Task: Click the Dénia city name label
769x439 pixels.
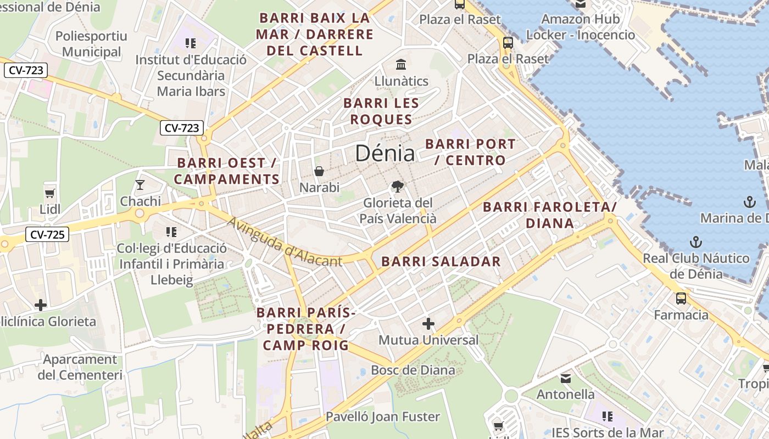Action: pyautogui.click(x=384, y=153)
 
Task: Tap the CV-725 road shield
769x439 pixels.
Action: pyautogui.click(x=47, y=235)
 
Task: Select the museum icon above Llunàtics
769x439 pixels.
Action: pyautogui.click(x=401, y=64)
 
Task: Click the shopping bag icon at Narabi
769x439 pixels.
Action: pyautogui.click(x=319, y=171)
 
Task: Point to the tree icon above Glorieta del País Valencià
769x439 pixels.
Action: pyautogui.click(x=397, y=187)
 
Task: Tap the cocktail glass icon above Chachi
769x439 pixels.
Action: pyautogui.click(x=140, y=184)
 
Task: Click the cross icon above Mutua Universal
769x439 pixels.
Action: pyautogui.click(x=428, y=324)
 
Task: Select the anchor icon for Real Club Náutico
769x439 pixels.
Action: pyautogui.click(x=696, y=242)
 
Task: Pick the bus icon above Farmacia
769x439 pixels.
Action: pyautogui.click(x=681, y=299)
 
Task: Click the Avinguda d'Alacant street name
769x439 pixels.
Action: pyautogui.click(x=284, y=241)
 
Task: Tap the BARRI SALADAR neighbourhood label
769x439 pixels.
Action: pyautogui.click(x=441, y=262)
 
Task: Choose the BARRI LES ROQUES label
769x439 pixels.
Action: pyautogui.click(x=381, y=111)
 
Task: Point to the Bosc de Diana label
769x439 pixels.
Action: pyautogui.click(x=413, y=370)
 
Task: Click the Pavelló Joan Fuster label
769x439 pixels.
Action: pyautogui.click(x=383, y=417)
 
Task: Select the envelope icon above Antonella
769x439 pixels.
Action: pyautogui.click(x=566, y=378)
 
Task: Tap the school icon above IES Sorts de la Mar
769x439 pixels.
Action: pyautogui.click(x=607, y=416)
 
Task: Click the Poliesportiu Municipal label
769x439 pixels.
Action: pyautogui.click(x=91, y=44)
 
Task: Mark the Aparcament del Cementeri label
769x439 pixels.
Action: pyautogui.click(x=80, y=367)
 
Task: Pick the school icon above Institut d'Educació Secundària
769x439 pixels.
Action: pyautogui.click(x=191, y=43)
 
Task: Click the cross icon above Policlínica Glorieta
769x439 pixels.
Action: pyautogui.click(x=41, y=305)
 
